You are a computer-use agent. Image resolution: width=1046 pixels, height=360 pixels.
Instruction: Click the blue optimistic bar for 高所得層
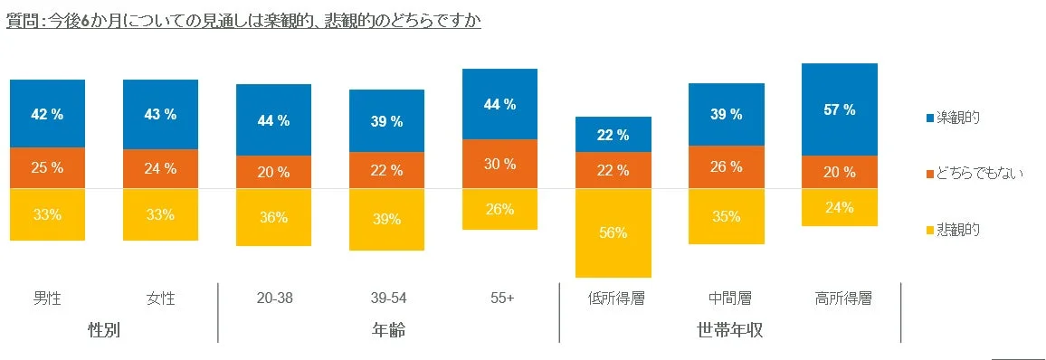coord(839,109)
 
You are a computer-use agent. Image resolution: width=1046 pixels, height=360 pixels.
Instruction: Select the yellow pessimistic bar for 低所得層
coord(613,232)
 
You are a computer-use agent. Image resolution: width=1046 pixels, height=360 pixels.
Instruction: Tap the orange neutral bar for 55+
coord(499,164)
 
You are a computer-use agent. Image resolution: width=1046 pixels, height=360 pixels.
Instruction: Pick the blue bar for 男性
coord(47,113)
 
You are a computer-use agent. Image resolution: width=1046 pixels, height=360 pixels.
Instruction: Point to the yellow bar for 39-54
coord(386,220)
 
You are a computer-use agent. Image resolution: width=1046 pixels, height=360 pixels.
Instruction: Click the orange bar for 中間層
coord(726,166)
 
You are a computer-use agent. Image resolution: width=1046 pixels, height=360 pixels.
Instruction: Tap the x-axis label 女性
coord(160,298)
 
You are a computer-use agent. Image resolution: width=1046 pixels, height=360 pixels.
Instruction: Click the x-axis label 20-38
coord(273,298)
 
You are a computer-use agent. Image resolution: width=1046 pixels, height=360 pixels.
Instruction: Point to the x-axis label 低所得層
coord(613,298)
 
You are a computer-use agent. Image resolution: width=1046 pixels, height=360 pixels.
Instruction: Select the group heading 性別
coord(104,330)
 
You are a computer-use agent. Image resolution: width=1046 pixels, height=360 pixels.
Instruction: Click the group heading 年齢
coord(388,330)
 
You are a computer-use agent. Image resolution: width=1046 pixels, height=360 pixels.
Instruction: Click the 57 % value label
coord(839,110)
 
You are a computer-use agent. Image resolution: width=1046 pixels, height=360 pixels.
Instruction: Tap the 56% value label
coord(613,232)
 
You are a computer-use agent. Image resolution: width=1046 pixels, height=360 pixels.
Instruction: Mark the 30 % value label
coord(499,164)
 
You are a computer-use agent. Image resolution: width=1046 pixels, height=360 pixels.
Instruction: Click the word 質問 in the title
coord(21,20)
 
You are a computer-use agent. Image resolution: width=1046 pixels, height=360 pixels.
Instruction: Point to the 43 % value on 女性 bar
coord(160,115)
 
